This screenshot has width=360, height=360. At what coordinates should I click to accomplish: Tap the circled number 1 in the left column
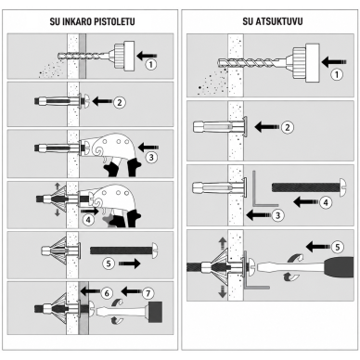point(151,65)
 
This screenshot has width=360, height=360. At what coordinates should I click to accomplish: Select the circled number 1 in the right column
point(337,74)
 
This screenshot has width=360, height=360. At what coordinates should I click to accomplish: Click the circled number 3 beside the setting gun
point(151,158)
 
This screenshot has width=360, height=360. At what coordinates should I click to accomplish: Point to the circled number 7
point(148,293)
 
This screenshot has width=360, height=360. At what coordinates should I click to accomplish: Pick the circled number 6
point(107,293)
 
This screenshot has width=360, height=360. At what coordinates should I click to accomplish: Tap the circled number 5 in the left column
point(109,264)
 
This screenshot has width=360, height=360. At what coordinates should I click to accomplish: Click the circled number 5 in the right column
point(338,247)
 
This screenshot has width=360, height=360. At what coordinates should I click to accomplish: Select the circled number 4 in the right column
point(326,202)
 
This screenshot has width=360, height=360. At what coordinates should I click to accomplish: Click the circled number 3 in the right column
point(277,215)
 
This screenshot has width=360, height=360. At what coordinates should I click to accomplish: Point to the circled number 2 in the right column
point(288,127)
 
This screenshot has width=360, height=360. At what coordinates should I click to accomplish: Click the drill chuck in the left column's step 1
point(124,56)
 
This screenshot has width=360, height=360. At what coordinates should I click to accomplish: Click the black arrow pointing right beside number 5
point(129,264)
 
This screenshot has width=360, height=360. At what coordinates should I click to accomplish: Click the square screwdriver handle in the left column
point(156,312)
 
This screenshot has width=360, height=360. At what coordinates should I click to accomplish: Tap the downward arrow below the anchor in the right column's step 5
point(223,291)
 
